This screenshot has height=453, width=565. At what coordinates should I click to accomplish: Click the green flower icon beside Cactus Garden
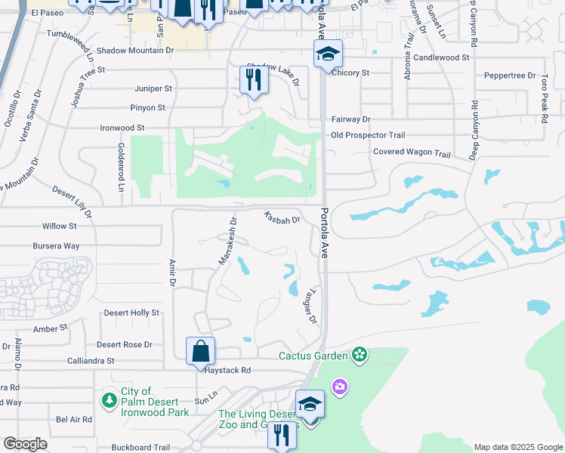tap(358, 355)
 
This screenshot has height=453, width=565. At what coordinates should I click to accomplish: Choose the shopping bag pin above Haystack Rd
tap(201, 351)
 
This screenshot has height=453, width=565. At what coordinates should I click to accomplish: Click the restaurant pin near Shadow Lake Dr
tap(255, 79)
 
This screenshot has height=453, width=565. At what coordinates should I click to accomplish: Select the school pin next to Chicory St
tap(329, 54)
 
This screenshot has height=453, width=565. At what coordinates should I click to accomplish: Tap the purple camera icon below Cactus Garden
tap(339, 387)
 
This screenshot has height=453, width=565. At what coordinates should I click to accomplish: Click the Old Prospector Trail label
tap(368, 135)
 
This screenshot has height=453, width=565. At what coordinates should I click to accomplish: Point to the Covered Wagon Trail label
tap(412, 153)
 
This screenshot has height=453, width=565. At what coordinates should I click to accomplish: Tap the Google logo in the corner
tap(26, 444)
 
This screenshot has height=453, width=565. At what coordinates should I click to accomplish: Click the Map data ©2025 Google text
tap(517, 447)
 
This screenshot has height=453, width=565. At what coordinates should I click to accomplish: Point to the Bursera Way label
tap(56, 246)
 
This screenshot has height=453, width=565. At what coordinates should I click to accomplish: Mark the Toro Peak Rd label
tap(543, 94)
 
